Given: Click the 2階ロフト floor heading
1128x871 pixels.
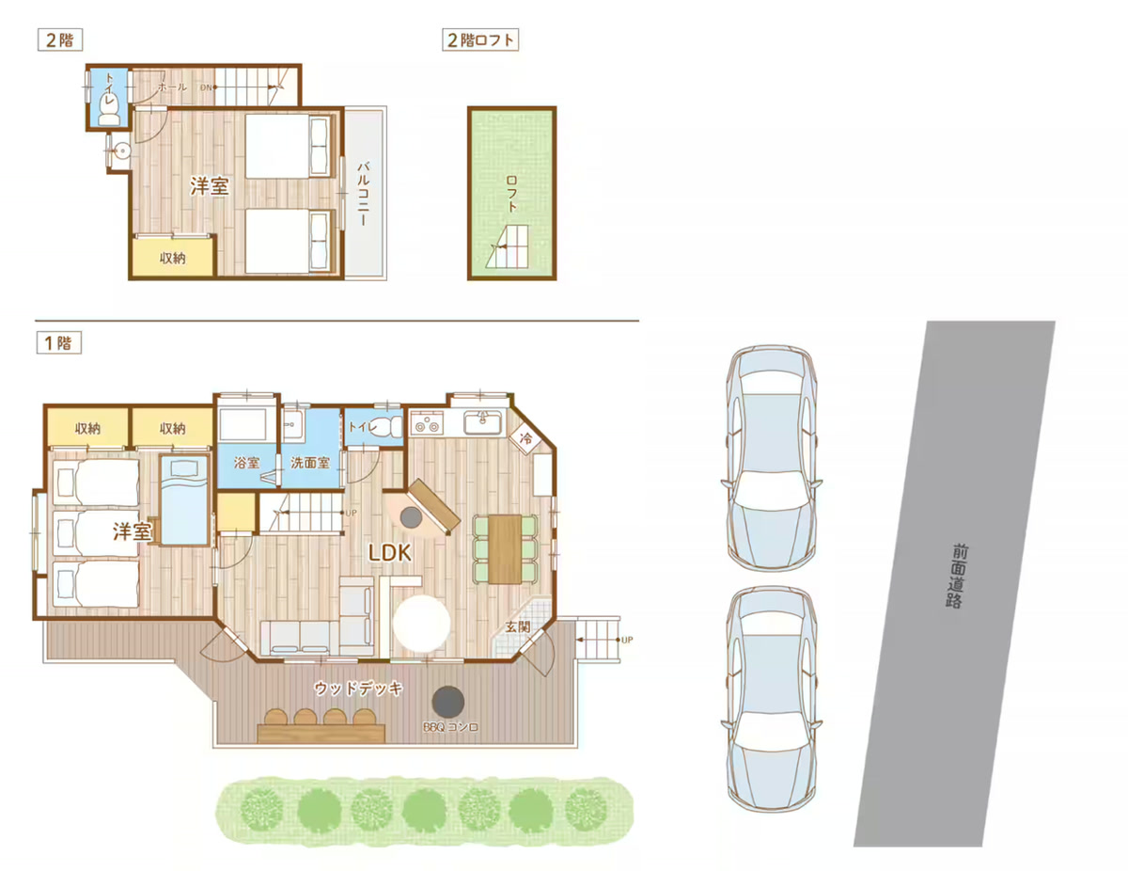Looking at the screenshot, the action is pyautogui.click(x=480, y=40).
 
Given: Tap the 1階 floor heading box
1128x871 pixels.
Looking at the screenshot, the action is pyautogui.click(x=58, y=342).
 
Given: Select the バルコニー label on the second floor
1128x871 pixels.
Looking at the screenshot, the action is pyautogui.click(x=364, y=194).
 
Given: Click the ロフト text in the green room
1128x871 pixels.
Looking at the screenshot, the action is pyautogui.click(x=512, y=194).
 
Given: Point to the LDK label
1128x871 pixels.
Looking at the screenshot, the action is pyautogui.click(x=390, y=553).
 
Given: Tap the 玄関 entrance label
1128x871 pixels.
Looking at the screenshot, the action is pyautogui.click(x=518, y=626).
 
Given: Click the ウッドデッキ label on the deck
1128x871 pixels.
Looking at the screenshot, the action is pyautogui.click(x=358, y=689).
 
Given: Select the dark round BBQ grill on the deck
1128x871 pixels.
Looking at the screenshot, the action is pyautogui.click(x=448, y=703).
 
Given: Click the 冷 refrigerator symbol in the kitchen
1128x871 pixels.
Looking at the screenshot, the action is pyautogui.click(x=525, y=439).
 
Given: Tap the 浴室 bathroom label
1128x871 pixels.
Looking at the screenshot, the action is pyautogui.click(x=246, y=462).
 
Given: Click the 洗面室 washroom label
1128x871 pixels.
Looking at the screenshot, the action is pyautogui.click(x=310, y=462).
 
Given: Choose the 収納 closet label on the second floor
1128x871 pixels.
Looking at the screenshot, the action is pyautogui.click(x=172, y=258).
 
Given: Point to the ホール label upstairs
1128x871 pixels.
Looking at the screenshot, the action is pyautogui.click(x=172, y=87).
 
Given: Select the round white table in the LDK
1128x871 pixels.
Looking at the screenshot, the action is pyautogui.click(x=421, y=624).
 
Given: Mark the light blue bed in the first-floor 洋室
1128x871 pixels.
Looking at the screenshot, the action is pyautogui.click(x=183, y=500).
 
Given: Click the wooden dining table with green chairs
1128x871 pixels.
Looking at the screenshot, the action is pyautogui.click(x=505, y=548).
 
